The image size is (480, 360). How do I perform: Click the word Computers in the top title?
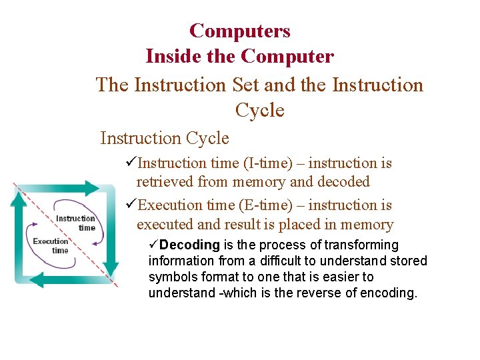coord(239,31)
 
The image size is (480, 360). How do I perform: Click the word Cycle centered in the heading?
coord(259,111)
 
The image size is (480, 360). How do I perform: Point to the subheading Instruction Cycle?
coord(164,138)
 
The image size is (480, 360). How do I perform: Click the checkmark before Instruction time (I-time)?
coord(130,163)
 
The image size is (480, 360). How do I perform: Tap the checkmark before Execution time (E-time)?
coord(130,205)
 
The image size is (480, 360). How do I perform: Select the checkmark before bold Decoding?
coord(153,245)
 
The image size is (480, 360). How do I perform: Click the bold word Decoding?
coord(189,245)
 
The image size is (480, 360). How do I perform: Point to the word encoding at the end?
coord(389,293)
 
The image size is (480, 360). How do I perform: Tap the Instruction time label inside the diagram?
coord(75,223)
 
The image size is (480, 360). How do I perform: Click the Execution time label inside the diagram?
coord(51,245)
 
